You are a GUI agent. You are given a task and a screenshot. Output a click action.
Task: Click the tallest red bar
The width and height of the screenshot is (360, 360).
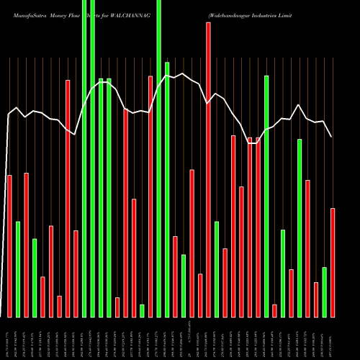click(208, 169)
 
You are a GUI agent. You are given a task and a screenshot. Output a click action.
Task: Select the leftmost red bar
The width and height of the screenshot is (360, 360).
click(9, 246)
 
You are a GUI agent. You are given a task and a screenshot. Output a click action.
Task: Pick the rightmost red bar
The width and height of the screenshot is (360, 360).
click(333, 262)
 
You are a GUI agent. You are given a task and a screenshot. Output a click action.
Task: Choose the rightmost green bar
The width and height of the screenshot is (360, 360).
click(325, 292)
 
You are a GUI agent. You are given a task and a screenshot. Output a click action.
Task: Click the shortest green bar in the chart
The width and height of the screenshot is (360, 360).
click(142, 310)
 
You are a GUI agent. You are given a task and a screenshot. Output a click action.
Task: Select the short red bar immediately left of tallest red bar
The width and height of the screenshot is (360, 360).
click(200, 295)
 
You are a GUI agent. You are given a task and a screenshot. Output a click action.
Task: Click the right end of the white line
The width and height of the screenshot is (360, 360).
click(331, 137)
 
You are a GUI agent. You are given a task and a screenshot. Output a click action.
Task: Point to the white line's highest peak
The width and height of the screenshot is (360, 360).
click(184, 73)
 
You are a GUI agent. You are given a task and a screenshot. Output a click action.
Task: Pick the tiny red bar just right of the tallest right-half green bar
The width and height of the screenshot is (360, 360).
click(274, 310)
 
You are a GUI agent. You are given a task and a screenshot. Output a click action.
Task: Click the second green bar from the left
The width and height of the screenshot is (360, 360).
click(35, 277)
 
